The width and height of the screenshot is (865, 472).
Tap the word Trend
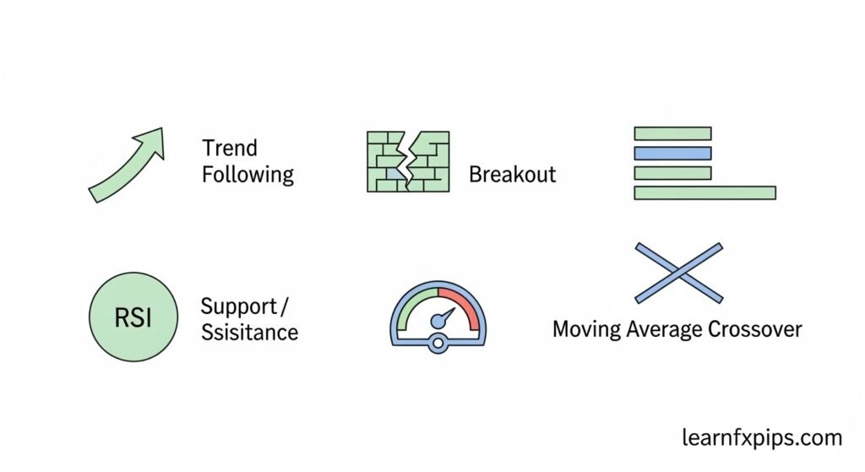point(230,148)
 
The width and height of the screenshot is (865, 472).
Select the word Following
point(248,175)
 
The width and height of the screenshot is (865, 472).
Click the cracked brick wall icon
point(408,161)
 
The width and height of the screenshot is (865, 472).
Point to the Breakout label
point(513,174)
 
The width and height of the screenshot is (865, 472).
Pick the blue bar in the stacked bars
point(672,154)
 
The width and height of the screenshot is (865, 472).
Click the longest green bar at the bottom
point(705,193)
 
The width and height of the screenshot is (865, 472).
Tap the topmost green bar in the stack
point(672,133)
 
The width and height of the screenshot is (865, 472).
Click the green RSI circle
point(133,317)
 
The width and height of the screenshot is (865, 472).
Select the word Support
point(239,307)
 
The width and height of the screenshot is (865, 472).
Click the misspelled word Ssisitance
point(249,333)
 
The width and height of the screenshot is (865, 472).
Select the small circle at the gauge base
point(438,344)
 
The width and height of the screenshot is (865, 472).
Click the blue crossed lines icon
point(678,273)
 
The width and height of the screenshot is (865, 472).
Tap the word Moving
point(586,330)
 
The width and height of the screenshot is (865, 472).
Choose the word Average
point(665,330)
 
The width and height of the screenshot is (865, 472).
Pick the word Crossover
point(755,329)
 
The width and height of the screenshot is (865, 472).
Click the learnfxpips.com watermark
point(762,438)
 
